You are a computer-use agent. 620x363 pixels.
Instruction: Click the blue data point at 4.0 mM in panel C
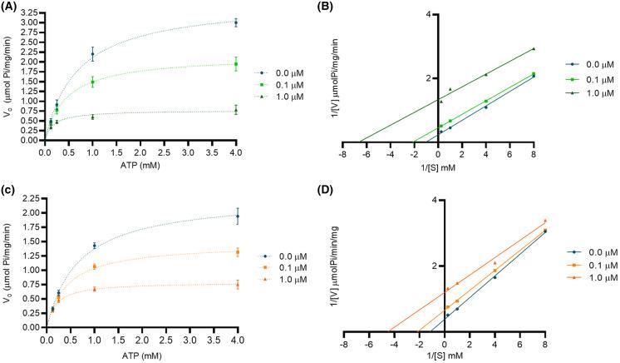pyautogui.click(x=237, y=216)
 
